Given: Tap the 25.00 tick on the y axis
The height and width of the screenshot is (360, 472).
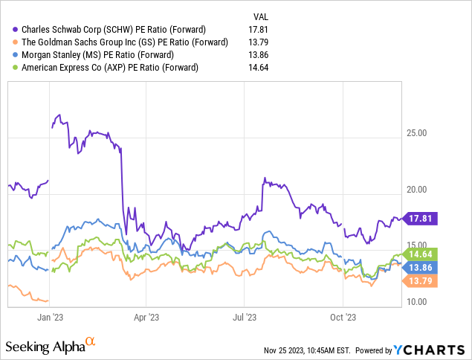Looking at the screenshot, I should [x=422, y=134].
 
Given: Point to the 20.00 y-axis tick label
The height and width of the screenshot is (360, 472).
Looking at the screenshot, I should [x=422, y=190].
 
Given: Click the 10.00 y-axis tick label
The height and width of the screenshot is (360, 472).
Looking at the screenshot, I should [x=422, y=302].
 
